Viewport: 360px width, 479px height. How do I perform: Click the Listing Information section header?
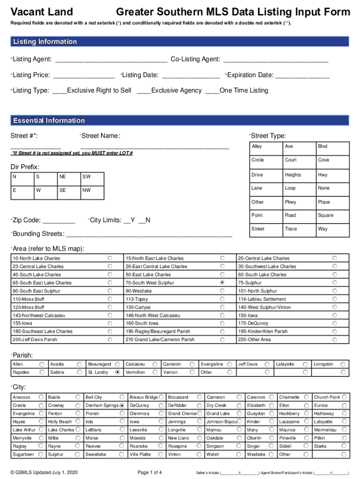[44, 42]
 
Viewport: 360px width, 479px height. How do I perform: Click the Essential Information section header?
[49, 121]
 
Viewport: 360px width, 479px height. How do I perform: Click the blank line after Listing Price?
[84, 76]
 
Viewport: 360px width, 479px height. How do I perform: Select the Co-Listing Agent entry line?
[276, 60]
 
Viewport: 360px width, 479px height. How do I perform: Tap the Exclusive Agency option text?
[176, 90]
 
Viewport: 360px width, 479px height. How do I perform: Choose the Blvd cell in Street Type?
[323, 146]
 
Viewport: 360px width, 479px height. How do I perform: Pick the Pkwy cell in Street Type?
[290, 202]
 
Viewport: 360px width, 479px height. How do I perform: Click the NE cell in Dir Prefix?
[63, 177]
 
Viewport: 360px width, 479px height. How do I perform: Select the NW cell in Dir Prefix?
[86, 190]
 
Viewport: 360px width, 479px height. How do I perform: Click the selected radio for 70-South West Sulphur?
[222, 283]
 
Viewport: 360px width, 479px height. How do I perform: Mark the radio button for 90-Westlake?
[222, 291]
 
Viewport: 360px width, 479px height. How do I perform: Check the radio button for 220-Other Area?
[334, 340]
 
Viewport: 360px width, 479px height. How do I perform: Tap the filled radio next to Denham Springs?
[122, 405]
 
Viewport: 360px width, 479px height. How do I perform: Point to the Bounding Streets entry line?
[150, 234]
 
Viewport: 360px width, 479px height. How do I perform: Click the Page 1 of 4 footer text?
[150, 472]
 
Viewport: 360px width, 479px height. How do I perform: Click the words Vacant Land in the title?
[42, 12]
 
